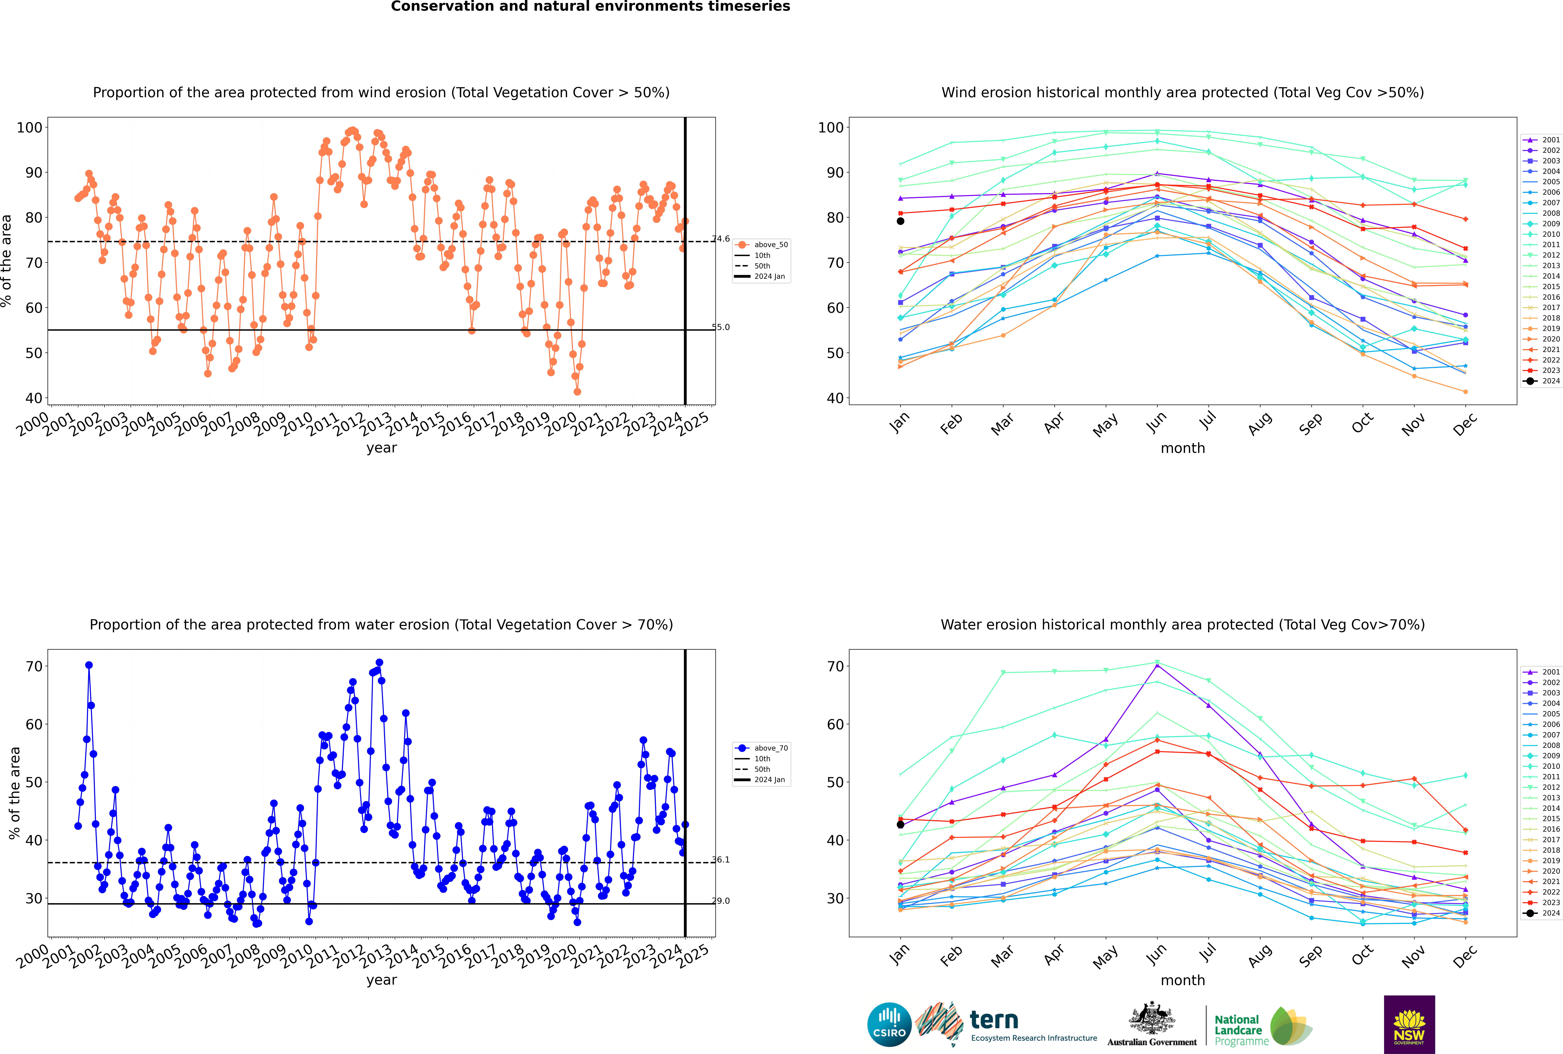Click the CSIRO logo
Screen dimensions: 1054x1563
889,1024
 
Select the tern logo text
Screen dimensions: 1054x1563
994,1020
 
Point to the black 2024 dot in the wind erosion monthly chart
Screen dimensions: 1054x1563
900,221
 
